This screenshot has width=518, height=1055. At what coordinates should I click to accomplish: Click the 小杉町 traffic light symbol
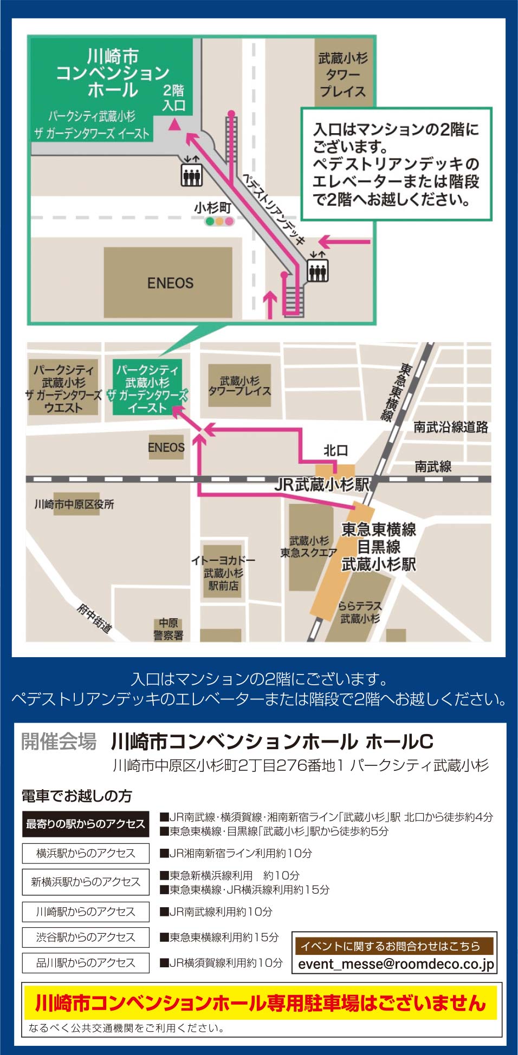pos(219,221)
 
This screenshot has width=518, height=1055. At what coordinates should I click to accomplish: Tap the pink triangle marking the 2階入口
pos(174,125)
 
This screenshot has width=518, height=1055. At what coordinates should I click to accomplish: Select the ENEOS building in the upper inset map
pos(169,283)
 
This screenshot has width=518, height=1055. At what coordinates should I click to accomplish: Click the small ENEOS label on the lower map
pos(166,448)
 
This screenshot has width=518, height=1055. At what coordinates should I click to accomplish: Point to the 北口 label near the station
pos(335,450)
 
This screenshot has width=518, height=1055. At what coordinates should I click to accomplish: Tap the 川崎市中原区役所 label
pos(74,504)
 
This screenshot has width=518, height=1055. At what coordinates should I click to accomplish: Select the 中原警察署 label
pos(169,630)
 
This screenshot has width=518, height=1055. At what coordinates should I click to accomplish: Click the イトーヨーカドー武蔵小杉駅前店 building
pos(223,573)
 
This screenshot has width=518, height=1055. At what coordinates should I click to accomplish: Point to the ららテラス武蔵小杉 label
pos(360,612)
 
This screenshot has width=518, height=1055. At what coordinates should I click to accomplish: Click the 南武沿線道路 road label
pos(450,427)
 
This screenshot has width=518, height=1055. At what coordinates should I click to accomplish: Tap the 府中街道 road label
pos(94,618)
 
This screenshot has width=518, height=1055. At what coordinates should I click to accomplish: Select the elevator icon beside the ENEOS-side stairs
pos(318,268)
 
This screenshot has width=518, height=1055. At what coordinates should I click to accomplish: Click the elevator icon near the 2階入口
pos(191,173)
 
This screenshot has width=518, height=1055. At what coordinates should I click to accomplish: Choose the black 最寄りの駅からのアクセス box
pos(86,824)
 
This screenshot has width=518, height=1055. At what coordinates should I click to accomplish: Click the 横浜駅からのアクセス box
pos(86,853)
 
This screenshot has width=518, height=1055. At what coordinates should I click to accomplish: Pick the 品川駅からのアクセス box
pos(86,962)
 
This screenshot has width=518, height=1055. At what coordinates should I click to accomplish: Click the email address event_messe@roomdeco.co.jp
pos(396,964)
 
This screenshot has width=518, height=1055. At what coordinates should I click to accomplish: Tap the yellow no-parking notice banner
pos(260,1002)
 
